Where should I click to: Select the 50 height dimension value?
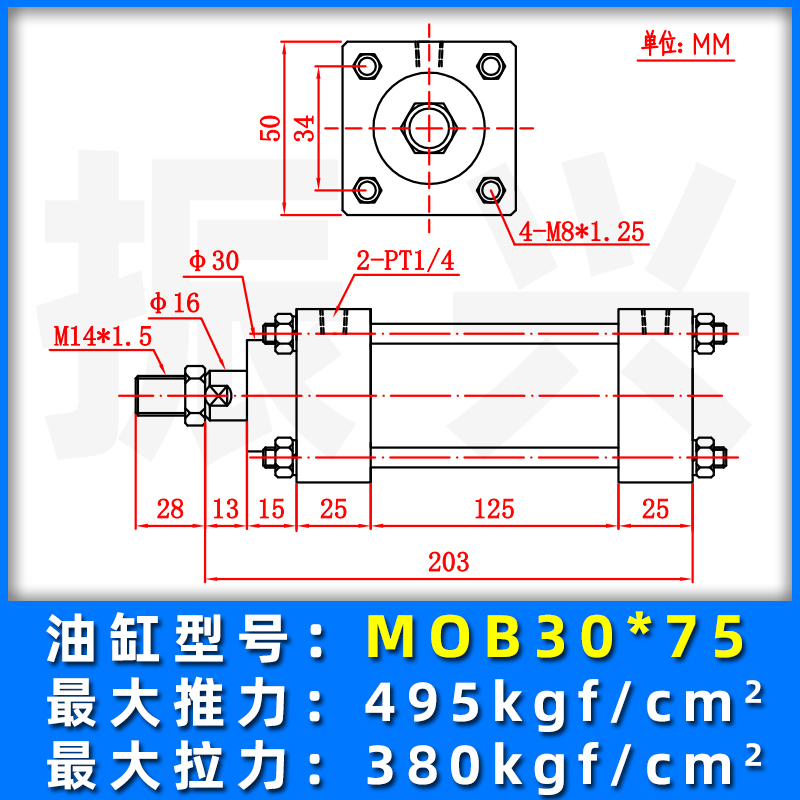(x=269, y=127)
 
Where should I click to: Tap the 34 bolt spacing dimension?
(x=305, y=127)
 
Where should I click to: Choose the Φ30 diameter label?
(x=214, y=261)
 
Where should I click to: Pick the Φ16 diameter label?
(x=174, y=303)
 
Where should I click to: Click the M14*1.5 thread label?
(x=102, y=336)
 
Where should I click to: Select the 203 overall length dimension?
(x=447, y=562)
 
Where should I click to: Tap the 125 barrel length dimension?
(x=493, y=509)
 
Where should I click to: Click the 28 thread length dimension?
(x=170, y=509)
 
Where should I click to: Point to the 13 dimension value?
(x=226, y=509)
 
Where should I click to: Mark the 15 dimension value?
(x=270, y=509)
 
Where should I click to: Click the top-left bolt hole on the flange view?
(x=368, y=66)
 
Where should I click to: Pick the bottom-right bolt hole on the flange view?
(x=490, y=188)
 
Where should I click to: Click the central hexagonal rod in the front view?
(x=429, y=127)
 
